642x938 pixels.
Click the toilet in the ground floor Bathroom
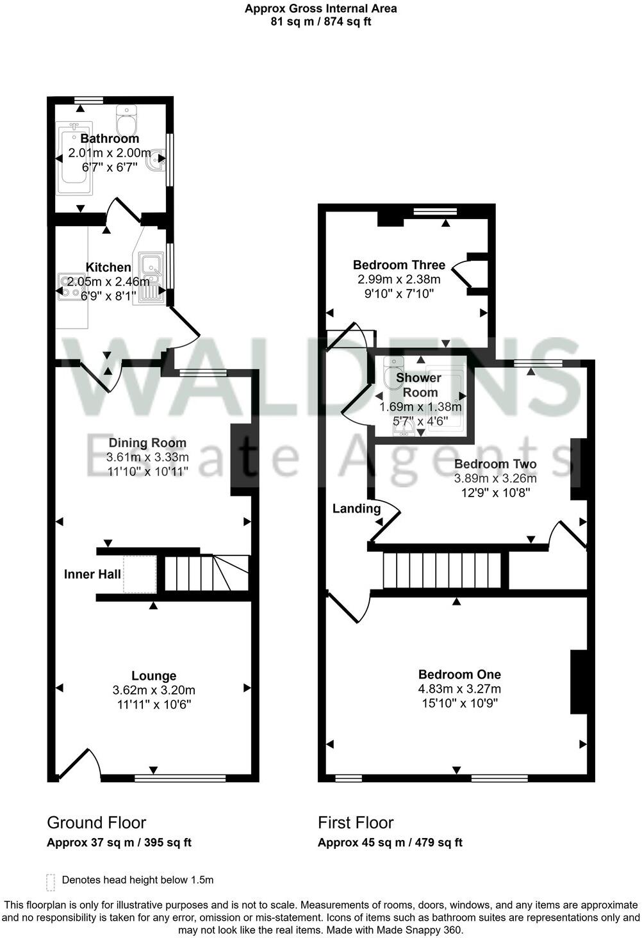(x=126, y=119)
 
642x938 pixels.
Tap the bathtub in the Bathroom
(x=75, y=158)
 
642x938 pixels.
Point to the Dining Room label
(x=147, y=443)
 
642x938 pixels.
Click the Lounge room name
(x=154, y=676)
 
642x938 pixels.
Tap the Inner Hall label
(x=92, y=574)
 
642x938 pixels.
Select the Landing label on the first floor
(x=356, y=509)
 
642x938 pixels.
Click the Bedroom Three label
(x=399, y=265)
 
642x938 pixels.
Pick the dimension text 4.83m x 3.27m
(x=459, y=689)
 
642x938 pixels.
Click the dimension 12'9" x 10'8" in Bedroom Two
(x=495, y=493)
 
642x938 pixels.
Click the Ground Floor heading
(x=97, y=823)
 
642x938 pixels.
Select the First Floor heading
(x=356, y=823)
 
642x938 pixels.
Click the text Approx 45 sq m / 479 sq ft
(x=390, y=843)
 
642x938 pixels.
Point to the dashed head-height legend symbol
(x=51, y=882)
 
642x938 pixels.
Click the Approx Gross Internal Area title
(x=320, y=9)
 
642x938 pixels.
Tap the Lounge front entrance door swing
(x=81, y=764)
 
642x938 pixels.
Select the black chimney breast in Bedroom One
(x=579, y=682)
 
